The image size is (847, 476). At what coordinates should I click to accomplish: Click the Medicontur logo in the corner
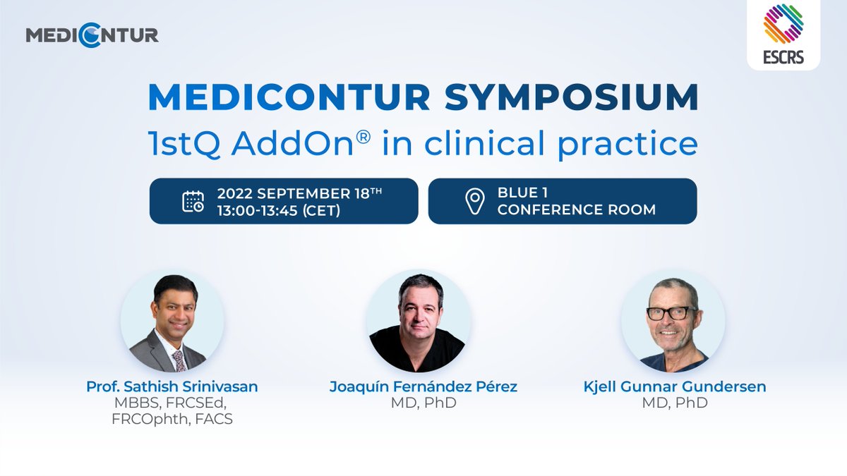92,35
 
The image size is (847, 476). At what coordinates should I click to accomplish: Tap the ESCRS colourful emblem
783,24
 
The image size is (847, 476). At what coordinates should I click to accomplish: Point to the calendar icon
193,202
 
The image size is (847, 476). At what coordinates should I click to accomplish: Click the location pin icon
474,202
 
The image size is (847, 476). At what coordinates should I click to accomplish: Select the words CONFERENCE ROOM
576,210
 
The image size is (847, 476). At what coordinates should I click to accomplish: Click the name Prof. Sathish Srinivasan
173,386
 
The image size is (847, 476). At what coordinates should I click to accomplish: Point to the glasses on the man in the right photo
671,312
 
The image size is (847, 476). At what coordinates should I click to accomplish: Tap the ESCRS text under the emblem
783,57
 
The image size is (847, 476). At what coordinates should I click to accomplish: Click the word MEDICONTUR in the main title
289,98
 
